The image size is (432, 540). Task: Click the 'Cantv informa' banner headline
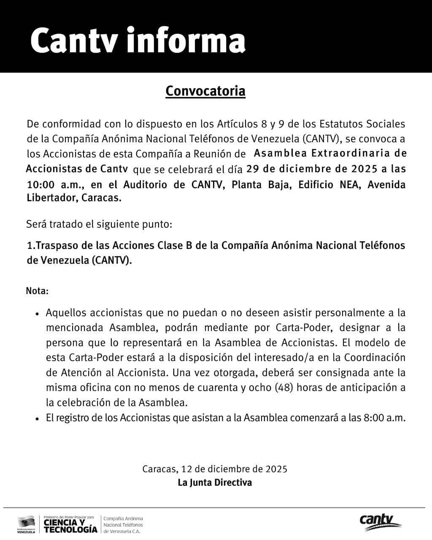pos(138,40)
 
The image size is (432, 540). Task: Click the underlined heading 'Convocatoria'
pos(205,91)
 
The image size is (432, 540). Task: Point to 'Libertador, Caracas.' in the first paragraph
pos(74,198)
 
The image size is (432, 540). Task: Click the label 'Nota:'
pos(37,291)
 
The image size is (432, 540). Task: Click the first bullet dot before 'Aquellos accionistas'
pos(37,314)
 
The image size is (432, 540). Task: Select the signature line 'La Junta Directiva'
pos(215,482)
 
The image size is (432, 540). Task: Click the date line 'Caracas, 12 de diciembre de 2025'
pos(215,469)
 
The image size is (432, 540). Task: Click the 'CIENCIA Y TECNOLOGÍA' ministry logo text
pos(70,526)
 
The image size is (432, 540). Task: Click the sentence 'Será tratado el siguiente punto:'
pos(99,224)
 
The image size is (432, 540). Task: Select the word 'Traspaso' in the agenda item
pos(54,245)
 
